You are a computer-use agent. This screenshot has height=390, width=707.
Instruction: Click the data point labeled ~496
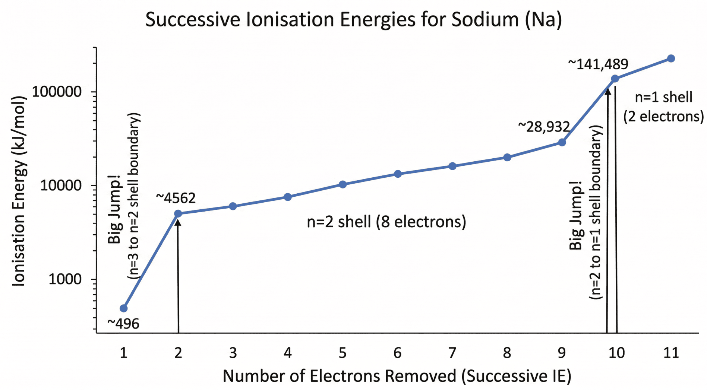[124, 308]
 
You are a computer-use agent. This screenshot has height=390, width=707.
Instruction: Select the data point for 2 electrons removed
[178, 213]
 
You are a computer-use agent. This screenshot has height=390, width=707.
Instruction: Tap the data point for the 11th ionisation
[671, 58]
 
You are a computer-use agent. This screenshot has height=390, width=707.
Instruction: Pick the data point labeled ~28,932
[562, 142]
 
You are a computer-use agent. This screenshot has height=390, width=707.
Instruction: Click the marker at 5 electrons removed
[343, 184]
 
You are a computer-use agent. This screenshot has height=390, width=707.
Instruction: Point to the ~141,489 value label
[598, 64]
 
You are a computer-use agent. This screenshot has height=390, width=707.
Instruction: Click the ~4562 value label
[176, 198]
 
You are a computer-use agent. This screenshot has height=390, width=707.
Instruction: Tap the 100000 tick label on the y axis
[57, 92]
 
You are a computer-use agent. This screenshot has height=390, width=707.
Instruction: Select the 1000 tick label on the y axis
[65, 279]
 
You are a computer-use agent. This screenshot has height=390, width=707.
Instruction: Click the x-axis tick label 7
[452, 352]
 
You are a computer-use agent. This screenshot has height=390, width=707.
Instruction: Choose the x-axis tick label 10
[616, 352]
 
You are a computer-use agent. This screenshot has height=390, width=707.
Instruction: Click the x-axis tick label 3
[233, 352]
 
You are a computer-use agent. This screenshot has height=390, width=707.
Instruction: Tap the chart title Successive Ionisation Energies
[353, 19]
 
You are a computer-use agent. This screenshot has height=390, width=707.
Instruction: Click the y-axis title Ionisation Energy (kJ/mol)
[19, 191]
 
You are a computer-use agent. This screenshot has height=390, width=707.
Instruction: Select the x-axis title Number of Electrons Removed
[397, 376]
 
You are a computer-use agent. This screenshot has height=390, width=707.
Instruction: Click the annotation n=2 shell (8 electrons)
[386, 222]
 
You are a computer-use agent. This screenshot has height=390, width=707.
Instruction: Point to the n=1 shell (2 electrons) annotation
[663, 107]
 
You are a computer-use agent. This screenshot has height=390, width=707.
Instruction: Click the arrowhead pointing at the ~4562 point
[178, 223]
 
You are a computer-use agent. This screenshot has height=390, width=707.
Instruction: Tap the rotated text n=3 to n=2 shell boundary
[134, 196]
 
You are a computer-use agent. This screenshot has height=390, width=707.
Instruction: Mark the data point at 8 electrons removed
[507, 157]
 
